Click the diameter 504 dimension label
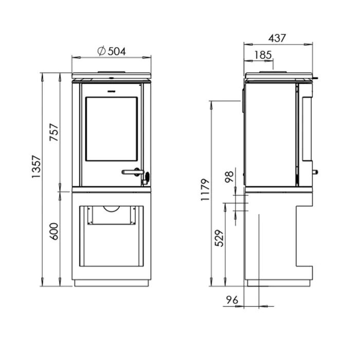[112, 51]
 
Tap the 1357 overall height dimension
[37, 167]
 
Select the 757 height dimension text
[55, 132]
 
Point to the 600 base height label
[55, 231]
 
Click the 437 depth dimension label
[277, 38]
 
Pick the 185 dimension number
[263, 55]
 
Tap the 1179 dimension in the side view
[205, 190]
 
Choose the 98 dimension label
[229, 177]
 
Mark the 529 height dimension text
[219, 238]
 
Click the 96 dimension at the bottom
[232, 300]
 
